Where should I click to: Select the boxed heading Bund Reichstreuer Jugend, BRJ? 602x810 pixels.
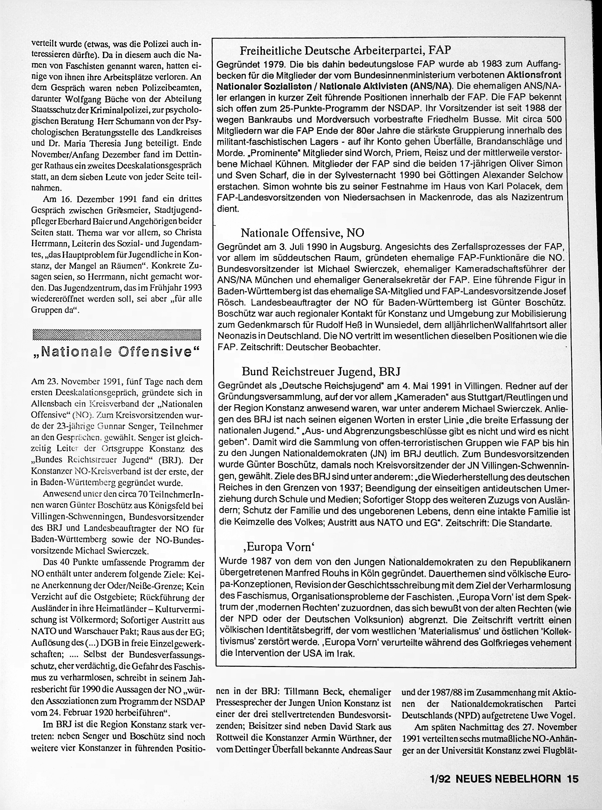(321, 371)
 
